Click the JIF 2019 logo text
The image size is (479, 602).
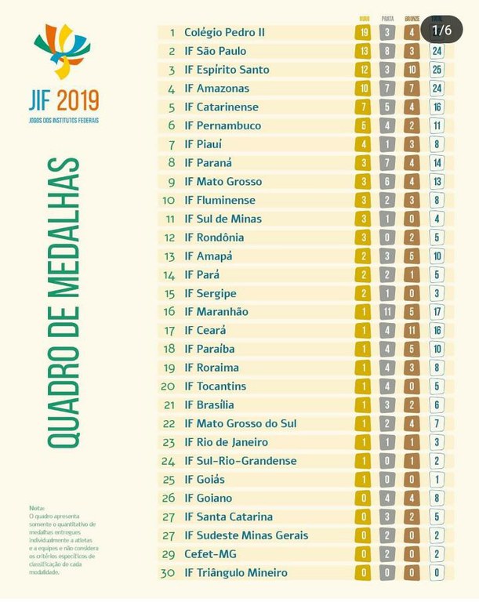coord(64,100)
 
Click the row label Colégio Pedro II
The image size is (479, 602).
coord(224,33)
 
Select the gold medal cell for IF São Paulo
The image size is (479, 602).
coord(363,51)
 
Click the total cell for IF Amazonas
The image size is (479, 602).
coord(437,89)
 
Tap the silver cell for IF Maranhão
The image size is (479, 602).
coord(388,311)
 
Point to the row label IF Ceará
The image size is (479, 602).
coord(205,330)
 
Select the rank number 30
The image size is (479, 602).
coord(168,572)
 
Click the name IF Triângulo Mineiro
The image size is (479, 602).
coord(236,572)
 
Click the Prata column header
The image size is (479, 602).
coord(388,18)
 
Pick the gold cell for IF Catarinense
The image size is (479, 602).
coord(363,107)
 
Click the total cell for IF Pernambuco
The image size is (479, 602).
coord(437,125)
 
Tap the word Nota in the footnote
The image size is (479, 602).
coord(37,508)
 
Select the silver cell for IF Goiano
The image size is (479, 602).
coord(388,498)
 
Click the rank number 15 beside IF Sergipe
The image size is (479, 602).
coord(168,293)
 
